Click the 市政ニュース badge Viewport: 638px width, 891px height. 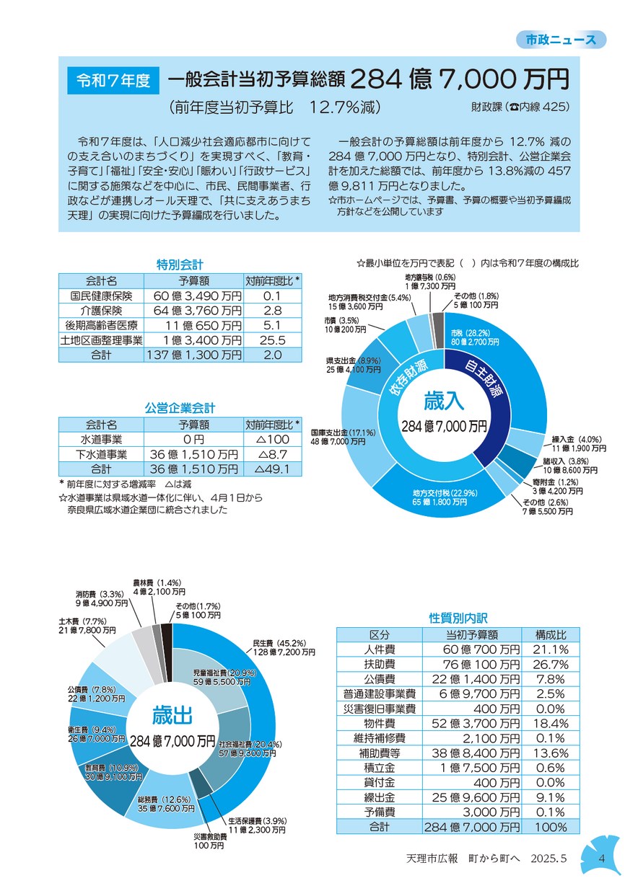(x=561, y=40)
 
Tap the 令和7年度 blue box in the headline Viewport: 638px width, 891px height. (x=113, y=81)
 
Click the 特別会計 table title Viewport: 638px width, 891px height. (x=180, y=265)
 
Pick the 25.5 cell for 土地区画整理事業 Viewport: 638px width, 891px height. (x=272, y=340)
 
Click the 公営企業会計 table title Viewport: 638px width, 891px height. (x=180, y=408)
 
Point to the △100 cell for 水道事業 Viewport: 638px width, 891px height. (x=274, y=440)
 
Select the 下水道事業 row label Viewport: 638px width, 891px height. (x=101, y=454)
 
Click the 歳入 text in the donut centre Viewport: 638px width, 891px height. (x=444, y=400)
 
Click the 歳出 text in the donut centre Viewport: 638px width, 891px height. (x=172, y=715)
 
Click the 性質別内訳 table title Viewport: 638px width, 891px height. (x=458, y=618)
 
